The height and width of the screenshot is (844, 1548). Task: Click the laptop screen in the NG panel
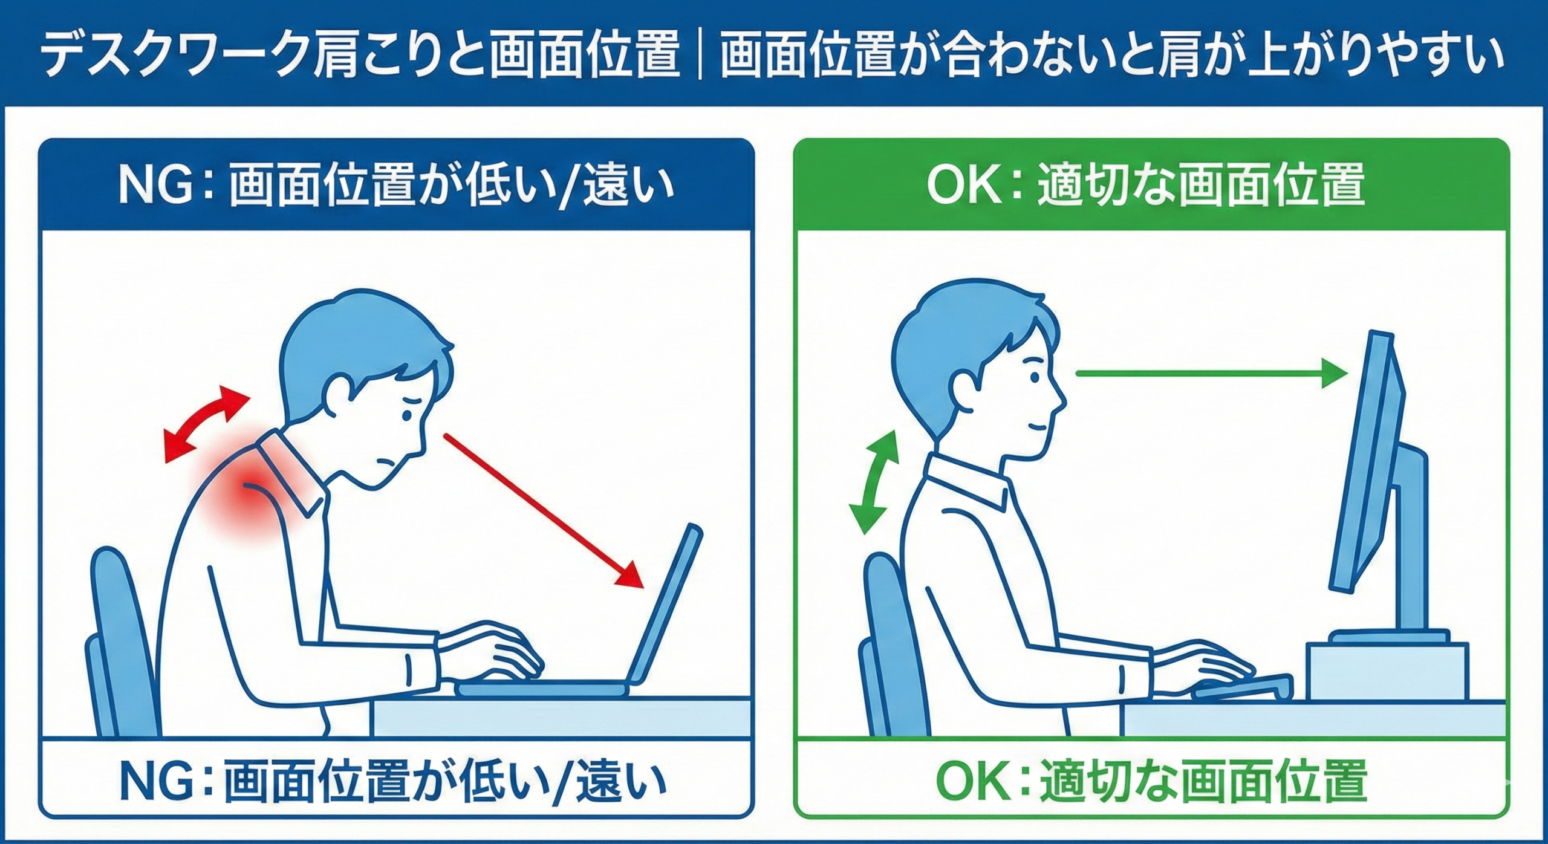click(665, 611)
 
